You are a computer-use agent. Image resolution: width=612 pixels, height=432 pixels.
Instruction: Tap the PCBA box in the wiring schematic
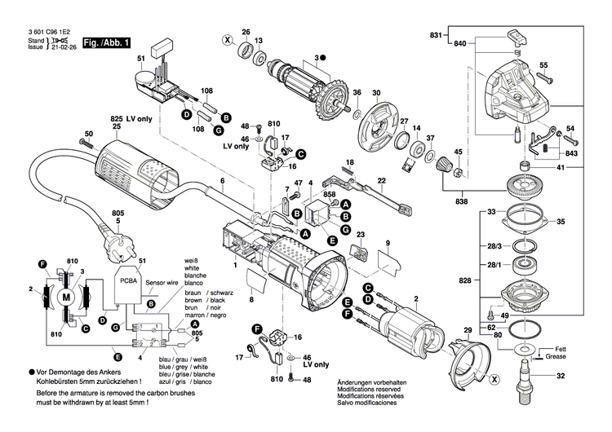(x=128, y=280)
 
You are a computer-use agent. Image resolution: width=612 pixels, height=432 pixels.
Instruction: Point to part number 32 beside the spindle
(x=561, y=377)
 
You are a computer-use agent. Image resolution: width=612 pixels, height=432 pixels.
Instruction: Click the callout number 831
(x=435, y=35)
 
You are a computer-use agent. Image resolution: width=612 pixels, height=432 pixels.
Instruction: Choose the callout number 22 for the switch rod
(x=381, y=179)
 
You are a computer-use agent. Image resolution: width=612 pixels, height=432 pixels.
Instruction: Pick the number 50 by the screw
(x=89, y=134)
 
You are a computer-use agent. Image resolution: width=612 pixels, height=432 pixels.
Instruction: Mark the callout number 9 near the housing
(x=388, y=243)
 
